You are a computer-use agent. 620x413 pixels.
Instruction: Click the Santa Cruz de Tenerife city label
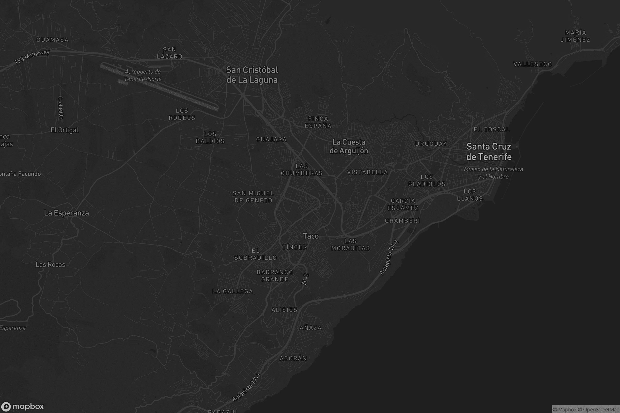489,152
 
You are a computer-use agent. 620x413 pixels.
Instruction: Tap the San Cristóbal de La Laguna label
252,75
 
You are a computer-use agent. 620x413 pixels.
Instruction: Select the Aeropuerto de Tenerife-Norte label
143,75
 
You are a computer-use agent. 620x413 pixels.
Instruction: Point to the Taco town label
311,236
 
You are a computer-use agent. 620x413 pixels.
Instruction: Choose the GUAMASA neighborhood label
52,40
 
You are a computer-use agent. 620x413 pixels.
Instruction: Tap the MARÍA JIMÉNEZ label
576,36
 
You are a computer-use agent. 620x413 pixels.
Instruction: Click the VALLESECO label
532,64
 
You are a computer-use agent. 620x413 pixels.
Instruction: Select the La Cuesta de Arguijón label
349,146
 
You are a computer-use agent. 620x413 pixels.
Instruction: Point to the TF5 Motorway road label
32,57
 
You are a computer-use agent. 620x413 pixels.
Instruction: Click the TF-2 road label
305,279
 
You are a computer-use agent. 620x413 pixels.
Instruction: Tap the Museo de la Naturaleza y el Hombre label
493,173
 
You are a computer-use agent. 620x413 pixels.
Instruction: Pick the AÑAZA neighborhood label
311,328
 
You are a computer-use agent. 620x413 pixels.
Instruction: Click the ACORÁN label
293,358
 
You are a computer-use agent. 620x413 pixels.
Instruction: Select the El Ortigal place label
64,130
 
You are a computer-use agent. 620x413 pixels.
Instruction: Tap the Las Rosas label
50,264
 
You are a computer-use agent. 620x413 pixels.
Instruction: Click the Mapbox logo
22,406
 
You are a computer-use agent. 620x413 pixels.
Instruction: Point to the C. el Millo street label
61,107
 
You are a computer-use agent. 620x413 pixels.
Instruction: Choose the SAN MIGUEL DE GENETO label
253,197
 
